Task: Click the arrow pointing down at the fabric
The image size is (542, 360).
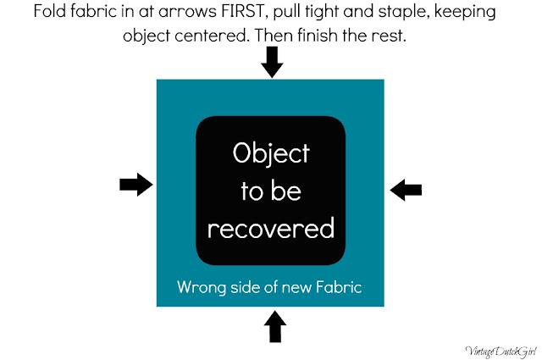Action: pyautogui.click(x=272, y=62)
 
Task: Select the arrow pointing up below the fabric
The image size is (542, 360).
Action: pyautogui.click(x=275, y=326)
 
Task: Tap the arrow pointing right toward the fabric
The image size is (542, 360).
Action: pyautogui.click(x=136, y=185)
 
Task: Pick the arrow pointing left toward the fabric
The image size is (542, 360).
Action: pyautogui.click(x=406, y=190)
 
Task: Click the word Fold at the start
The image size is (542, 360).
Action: pyautogui.click(x=50, y=11)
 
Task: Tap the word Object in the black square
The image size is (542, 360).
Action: pyautogui.click(x=271, y=153)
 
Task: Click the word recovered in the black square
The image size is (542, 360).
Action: pyautogui.click(x=271, y=228)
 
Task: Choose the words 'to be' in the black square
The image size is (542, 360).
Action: pyautogui.click(x=271, y=191)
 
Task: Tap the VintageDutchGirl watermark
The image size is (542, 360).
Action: pyautogui.click(x=501, y=352)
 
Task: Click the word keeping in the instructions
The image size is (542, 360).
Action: pyautogui.click(x=465, y=13)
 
